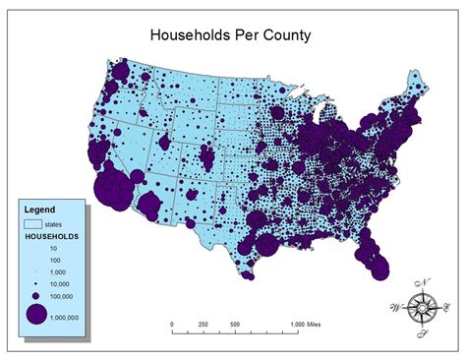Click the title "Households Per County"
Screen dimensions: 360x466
[x=230, y=35]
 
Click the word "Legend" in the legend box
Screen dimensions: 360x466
[x=40, y=209]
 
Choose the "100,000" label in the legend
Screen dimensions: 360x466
[x=66, y=294]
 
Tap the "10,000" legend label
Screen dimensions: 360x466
[x=65, y=282]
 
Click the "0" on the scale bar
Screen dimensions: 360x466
[x=171, y=325]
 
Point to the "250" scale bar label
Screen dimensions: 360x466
[x=204, y=325]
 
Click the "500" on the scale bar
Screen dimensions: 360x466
[x=235, y=325]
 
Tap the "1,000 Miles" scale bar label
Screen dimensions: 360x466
[x=311, y=325]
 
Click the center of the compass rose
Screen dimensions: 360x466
[x=424, y=308]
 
